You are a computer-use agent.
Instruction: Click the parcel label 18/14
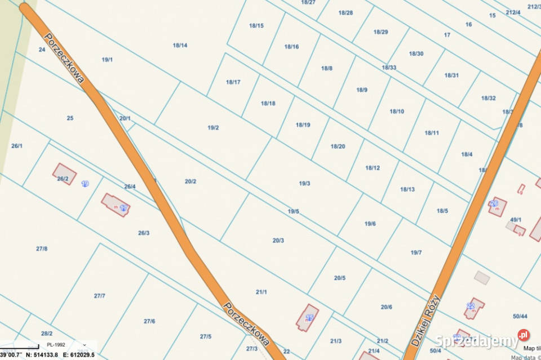click(x=180, y=45)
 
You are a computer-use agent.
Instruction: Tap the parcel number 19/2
click(x=213, y=128)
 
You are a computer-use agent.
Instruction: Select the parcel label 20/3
click(x=278, y=241)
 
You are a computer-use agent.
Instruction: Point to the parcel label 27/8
click(x=42, y=248)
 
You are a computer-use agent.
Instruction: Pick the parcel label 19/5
click(x=293, y=211)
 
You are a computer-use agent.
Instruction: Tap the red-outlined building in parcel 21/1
click(x=307, y=318)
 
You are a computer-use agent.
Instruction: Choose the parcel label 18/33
click(x=389, y=68)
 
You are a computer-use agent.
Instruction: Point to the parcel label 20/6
click(x=386, y=307)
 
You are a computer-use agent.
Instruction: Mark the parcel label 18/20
click(x=338, y=146)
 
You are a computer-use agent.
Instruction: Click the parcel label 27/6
click(x=149, y=321)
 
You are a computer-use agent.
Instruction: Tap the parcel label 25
click(x=70, y=118)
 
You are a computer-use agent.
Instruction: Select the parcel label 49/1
click(x=516, y=220)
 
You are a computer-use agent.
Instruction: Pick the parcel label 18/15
click(x=256, y=25)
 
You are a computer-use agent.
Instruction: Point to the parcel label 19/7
click(x=416, y=252)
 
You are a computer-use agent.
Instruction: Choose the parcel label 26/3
click(x=144, y=233)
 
